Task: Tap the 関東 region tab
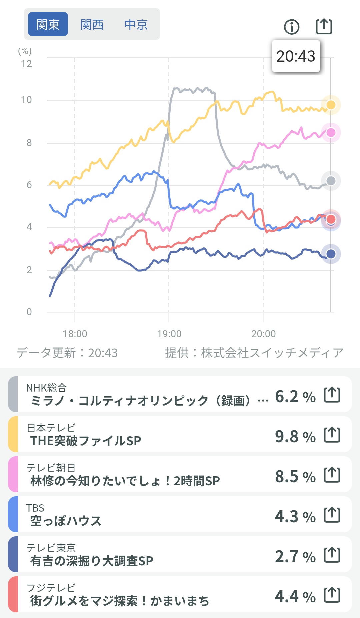point(48,24)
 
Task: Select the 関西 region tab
point(92,24)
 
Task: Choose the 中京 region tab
point(136,24)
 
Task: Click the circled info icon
point(292,27)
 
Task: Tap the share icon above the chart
point(324,26)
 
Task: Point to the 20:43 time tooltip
point(296,56)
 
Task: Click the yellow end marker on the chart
point(331,105)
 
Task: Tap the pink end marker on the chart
point(331,132)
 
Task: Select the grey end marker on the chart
point(331,181)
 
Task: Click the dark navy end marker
point(331,254)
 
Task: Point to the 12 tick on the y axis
point(27,64)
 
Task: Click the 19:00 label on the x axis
point(169,334)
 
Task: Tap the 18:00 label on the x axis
point(75,334)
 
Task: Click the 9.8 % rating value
point(295,436)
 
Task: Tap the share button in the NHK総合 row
point(332,395)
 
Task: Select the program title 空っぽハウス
point(66,521)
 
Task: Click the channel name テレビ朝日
point(51,468)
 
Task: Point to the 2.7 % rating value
point(295,556)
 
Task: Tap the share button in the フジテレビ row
point(332,595)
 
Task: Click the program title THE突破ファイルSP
point(86,441)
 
